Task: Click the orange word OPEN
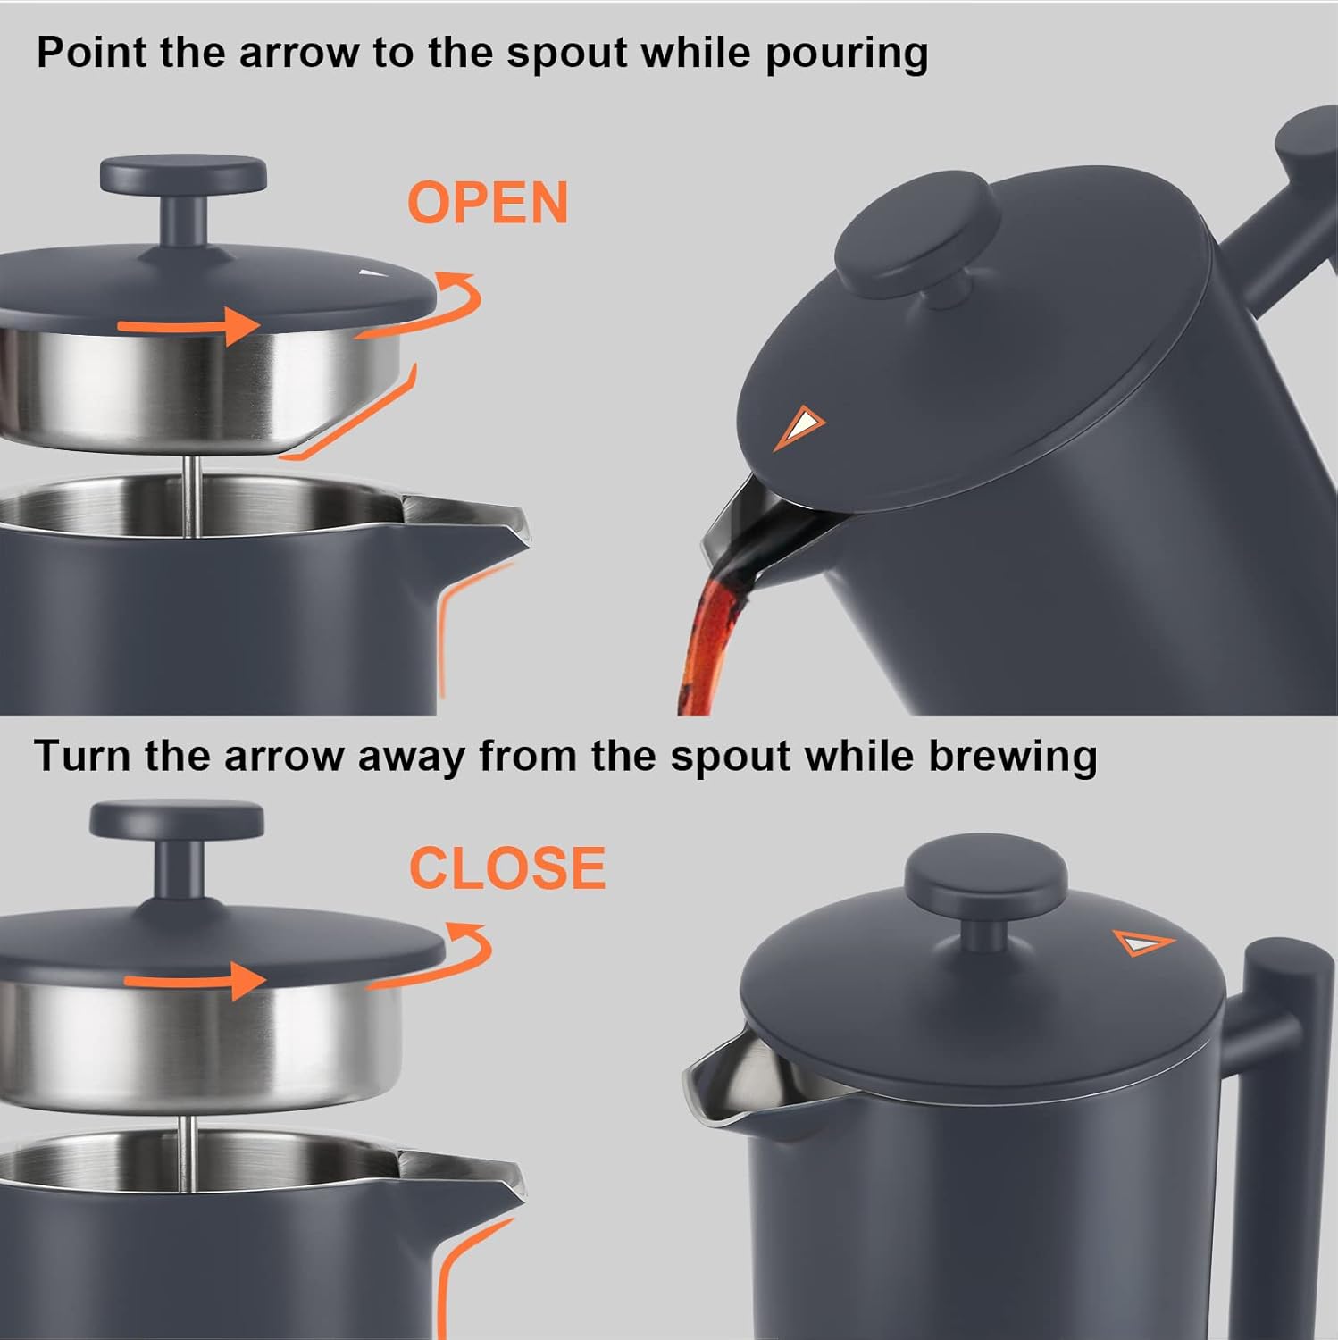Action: [488, 203]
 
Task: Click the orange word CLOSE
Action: [507, 867]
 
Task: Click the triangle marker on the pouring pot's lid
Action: [799, 426]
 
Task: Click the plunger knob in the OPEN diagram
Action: [183, 177]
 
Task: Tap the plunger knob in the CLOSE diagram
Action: [177, 820]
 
